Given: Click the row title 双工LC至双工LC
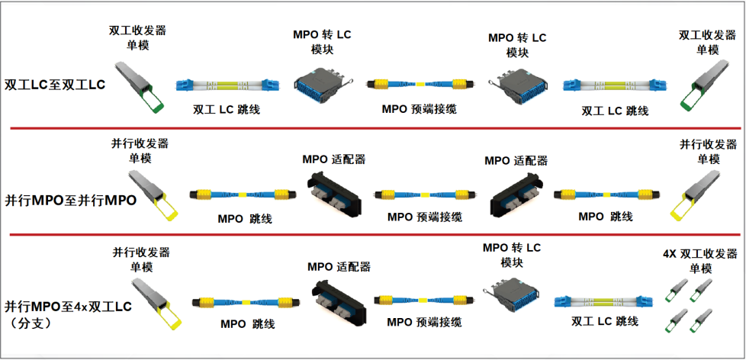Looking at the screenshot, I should (55, 84).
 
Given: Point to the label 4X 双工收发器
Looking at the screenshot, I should (700, 254).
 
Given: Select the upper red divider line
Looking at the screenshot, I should (373, 128).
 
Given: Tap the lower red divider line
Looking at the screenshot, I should (373, 234).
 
